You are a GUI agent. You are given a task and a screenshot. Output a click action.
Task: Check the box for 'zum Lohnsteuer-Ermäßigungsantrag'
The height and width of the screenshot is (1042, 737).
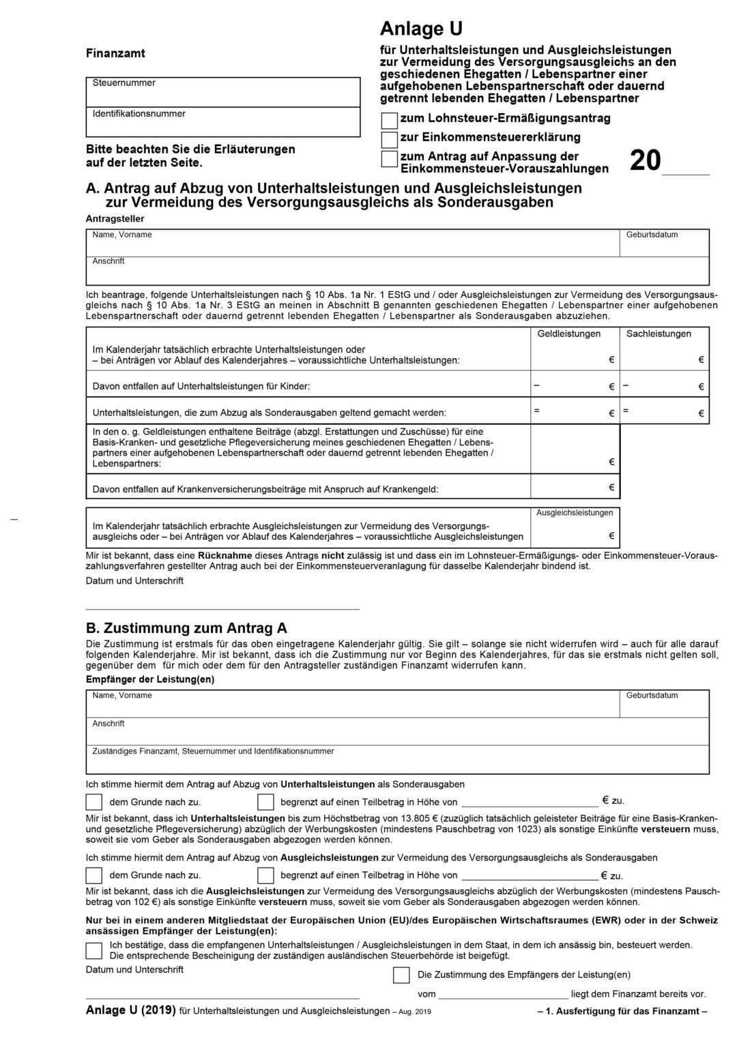coord(389,121)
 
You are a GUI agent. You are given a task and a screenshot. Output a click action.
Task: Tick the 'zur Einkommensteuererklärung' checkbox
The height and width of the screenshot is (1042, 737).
coord(389,140)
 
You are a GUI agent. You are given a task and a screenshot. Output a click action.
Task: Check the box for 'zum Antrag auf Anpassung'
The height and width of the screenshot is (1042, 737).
coord(389,159)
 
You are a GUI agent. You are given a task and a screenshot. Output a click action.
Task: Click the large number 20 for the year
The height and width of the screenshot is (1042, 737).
coord(645,161)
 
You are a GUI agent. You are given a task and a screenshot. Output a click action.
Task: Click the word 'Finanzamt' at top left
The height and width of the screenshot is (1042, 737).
coord(115,53)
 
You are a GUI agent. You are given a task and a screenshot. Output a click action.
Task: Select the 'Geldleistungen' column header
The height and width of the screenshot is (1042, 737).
coord(569,333)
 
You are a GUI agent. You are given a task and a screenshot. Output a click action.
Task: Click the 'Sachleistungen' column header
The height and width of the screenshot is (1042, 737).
coord(659,333)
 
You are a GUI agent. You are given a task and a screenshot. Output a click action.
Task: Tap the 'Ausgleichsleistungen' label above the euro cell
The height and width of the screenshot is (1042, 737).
coord(575,513)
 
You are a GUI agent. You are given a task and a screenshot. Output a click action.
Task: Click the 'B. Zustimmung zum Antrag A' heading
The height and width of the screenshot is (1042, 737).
coord(186,628)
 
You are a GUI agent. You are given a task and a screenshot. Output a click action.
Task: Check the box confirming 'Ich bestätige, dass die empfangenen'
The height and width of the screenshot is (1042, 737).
coord(94,950)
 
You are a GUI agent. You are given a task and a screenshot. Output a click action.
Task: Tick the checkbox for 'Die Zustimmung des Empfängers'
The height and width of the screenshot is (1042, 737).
coord(401,975)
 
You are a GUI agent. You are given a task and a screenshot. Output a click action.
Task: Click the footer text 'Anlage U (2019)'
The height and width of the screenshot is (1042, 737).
coord(130,1011)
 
